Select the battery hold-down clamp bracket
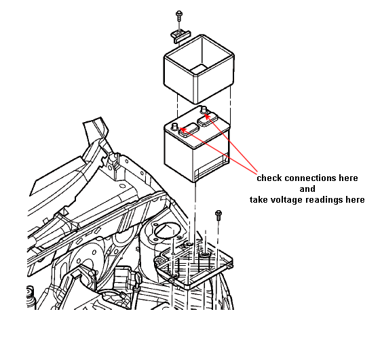[x=181, y=36]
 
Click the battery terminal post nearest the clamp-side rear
[x=204, y=109]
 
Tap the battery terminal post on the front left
[x=175, y=127]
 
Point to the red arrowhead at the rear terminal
[x=208, y=116]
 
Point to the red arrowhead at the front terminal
[x=184, y=130]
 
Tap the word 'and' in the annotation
[x=307, y=189]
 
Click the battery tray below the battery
[x=193, y=264]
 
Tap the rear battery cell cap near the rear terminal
[x=208, y=119]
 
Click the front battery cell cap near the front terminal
[x=189, y=130]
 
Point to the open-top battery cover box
[x=199, y=68]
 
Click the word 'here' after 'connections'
[x=348, y=178]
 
